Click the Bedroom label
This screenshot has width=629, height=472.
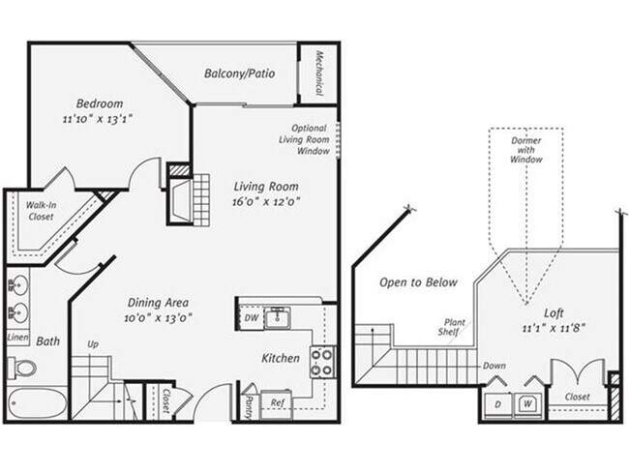(100, 103)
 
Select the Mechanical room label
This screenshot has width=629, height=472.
(317, 73)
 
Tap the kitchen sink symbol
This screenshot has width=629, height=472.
(279, 316)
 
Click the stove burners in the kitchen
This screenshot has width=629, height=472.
(322, 363)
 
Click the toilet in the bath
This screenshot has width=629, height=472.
(21, 368)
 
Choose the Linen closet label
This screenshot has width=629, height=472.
(16, 338)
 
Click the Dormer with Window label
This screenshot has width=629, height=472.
(526, 150)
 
